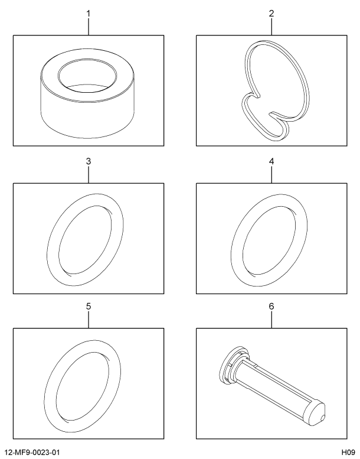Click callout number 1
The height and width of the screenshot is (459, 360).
coord(89,14)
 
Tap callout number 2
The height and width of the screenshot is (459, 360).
coord(271,14)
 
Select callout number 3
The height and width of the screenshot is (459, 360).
coord(89,161)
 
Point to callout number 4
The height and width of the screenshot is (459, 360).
coord(271,161)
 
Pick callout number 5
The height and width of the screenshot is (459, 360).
coord(89,306)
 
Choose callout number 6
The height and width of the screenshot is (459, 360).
coord(271,306)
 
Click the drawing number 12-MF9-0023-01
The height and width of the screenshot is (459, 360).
coord(32,453)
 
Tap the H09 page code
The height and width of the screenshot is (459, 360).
coord(341,453)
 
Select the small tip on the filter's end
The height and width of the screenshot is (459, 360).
coord(323,418)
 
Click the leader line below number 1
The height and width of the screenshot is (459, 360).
coord(89,27)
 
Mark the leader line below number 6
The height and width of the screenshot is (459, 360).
coord(271,320)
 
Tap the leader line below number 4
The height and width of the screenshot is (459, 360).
coord(271,175)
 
